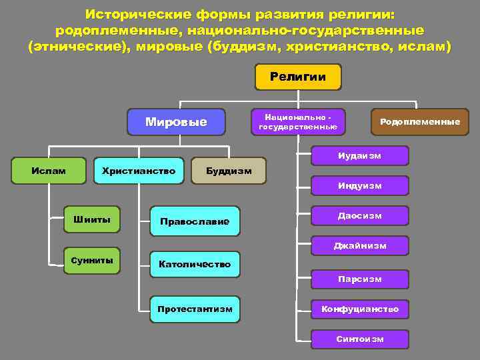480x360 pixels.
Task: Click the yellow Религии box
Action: click(x=298, y=77)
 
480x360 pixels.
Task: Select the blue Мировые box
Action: click(x=176, y=122)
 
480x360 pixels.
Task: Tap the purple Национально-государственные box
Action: click(x=298, y=121)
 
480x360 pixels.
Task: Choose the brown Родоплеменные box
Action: click(x=419, y=121)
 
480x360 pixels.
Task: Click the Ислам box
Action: click(x=49, y=171)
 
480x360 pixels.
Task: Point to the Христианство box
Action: click(x=139, y=171)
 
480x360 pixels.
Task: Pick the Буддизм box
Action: click(x=229, y=171)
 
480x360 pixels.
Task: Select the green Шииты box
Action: click(x=92, y=219)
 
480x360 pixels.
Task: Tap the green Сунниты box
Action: click(x=92, y=260)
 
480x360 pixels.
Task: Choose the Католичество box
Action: click(x=195, y=264)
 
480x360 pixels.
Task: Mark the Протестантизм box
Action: click(x=195, y=309)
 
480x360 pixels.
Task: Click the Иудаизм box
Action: click(x=360, y=155)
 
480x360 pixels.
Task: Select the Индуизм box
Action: click(x=360, y=185)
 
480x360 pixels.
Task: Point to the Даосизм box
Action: click(x=360, y=216)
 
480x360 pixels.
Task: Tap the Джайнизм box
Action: click(x=360, y=246)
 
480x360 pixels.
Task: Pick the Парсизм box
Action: click(x=360, y=279)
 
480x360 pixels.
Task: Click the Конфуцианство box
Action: click(x=360, y=309)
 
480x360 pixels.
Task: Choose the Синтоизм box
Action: click(x=360, y=339)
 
